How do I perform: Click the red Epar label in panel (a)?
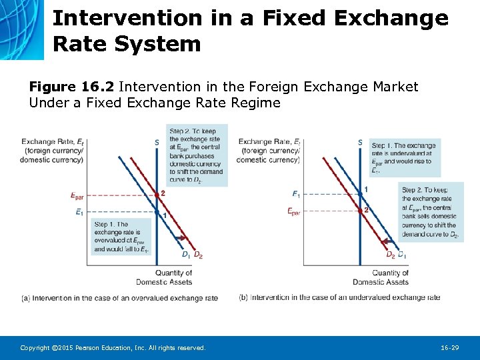click(77, 195)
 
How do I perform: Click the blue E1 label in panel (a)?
click(79, 213)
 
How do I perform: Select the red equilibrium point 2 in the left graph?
click(155, 195)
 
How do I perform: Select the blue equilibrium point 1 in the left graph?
click(155, 213)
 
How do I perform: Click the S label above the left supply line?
click(156, 142)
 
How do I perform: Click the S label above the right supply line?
click(360, 142)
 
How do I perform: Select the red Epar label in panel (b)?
click(293, 211)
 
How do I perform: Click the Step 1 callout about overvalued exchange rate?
click(121, 237)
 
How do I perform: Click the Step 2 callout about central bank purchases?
click(197, 155)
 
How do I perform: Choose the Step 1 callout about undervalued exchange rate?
click(403, 158)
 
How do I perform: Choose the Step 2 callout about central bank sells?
click(431, 211)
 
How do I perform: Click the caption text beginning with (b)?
click(339, 297)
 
